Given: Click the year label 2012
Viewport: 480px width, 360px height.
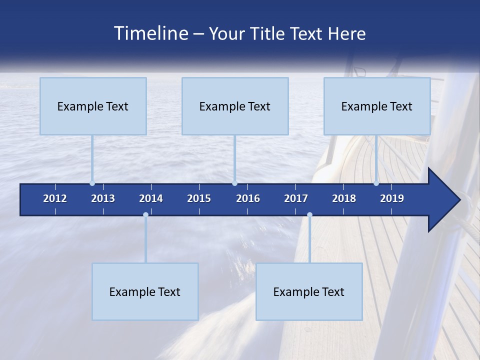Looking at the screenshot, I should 55,198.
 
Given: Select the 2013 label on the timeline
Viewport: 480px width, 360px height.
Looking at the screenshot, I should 103,198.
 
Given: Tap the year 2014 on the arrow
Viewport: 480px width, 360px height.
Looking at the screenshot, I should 151,198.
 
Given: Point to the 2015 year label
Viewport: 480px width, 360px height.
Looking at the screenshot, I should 199,198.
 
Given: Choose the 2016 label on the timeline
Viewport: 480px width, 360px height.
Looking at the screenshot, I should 248,198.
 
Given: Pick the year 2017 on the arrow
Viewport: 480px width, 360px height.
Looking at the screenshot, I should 296,198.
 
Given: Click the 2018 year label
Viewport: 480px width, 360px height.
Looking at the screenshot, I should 344,198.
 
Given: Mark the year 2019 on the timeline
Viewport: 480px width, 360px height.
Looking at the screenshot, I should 392,198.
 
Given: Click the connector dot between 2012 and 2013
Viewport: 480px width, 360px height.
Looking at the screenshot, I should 92,183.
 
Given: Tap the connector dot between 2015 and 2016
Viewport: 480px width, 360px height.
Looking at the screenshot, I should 235,183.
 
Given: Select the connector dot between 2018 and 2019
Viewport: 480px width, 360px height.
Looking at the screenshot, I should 376,183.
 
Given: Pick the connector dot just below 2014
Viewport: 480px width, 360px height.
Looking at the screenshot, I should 145,215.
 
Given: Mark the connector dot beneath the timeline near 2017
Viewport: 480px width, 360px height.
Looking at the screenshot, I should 309,215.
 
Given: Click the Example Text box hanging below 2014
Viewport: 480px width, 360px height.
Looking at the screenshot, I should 145,291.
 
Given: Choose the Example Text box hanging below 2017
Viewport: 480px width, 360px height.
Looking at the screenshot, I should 309,291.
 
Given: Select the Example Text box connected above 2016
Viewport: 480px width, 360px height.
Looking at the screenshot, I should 235,106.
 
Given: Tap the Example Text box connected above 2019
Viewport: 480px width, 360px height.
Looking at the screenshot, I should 377,106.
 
